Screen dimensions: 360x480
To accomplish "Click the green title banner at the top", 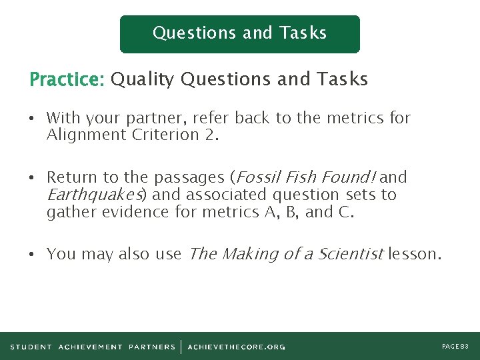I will [239, 34].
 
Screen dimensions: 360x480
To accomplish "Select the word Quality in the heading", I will [143, 80].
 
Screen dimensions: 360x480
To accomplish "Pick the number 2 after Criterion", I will [213, 135].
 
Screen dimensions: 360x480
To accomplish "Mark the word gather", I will [69, 212].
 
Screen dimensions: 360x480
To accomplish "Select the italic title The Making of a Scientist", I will [286, 254].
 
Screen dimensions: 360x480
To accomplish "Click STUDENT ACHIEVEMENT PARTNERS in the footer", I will [93, 347].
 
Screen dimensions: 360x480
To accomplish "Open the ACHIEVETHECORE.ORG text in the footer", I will [236, 347].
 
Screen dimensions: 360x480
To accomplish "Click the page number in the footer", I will [455, 346].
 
